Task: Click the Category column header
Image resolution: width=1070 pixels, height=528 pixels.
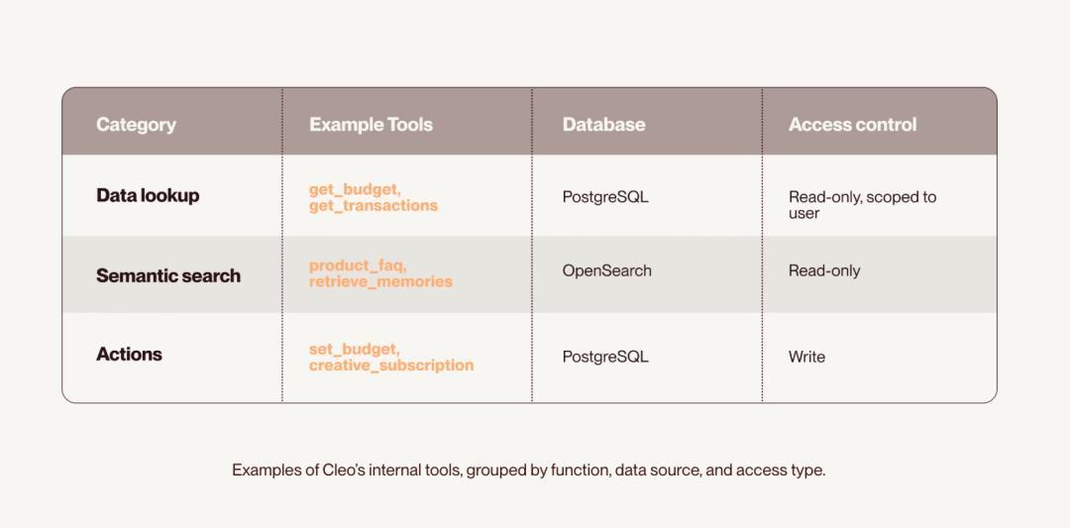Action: click(136, 125)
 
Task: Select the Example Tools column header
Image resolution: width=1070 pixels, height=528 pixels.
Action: click(371, 125)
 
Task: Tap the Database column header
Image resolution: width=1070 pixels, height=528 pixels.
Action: click(603, 125)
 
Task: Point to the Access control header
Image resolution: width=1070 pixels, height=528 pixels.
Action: click(852, 125)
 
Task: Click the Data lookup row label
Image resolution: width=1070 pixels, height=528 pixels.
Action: click(148, 196)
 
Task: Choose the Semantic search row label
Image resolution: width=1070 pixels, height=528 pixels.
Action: click(167, 275)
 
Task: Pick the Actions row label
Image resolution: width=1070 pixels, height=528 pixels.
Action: click(129, 354)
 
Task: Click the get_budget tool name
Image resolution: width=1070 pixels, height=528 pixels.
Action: click(353, 189)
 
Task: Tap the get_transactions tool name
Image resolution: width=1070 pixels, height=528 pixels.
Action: click(374, 205)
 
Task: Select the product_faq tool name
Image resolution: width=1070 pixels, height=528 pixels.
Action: click(358, 265)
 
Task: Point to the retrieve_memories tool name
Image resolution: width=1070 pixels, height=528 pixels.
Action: click(380, 281)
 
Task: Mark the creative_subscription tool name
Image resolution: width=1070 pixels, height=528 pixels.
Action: click(391, 365)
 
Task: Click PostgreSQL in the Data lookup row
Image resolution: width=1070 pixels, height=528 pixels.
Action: click(605, 197)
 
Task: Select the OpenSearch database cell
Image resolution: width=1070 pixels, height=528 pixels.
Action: click(606, 270)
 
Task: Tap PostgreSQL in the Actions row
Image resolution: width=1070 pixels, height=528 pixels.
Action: click(605, 357)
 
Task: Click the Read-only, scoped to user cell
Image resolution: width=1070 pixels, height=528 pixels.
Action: click(863, 205)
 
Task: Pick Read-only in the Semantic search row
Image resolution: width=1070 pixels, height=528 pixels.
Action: click(824, 270)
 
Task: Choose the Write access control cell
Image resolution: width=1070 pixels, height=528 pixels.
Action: click(806, 357)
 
